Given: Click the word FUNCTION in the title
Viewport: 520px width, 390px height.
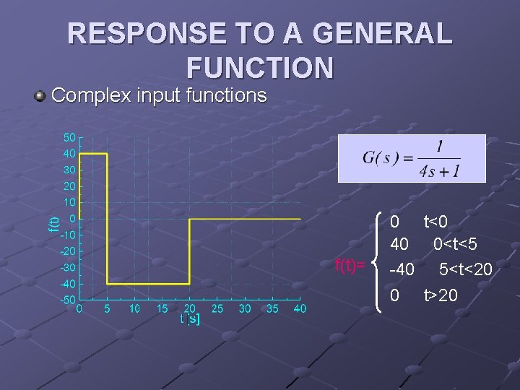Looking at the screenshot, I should pyautogui.click(x=260, y=67).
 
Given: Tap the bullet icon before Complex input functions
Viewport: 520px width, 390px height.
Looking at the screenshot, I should pyautogui.click(x=41, y=95).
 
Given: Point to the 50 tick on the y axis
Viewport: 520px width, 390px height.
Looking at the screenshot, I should pyautogui.click(x=69, y=137).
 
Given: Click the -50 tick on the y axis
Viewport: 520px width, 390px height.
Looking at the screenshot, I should pyautogui.click(x=67, y=300).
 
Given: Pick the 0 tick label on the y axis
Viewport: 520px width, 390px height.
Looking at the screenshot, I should pyautogui.click(x=72, y=218).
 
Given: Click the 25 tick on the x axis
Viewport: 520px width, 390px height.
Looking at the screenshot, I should pyautogui.click(x=217, y=309).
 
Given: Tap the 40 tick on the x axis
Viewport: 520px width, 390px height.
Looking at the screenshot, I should pyautogui.click(x=300, y=309).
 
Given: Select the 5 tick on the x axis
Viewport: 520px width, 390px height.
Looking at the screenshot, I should pyautogui.click(x=107, y=309).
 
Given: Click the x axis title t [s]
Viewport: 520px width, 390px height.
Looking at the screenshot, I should pyautogui.click(x=190, y=318).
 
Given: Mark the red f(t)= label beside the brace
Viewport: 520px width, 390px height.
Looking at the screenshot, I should pyautogui.click(x=350, y=266).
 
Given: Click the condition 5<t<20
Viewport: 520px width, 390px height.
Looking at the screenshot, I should pyautogui.click(x=466, y=269).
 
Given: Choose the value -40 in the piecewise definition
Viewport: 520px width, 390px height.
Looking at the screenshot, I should pyautogui.click(x=402, y=269).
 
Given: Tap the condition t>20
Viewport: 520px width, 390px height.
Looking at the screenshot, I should pyautogui.click(x=441, y=295).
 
